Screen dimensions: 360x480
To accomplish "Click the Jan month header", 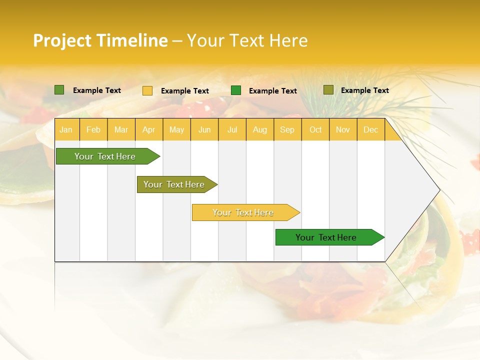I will pos(66,129).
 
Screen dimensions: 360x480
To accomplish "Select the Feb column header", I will pos(93,129).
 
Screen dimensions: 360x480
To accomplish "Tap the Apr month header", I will pos(149,129).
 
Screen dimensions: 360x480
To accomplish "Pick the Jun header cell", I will pos(204,129).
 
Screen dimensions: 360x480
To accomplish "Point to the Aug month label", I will pos(260,129).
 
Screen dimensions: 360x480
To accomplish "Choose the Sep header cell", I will pos(287,129).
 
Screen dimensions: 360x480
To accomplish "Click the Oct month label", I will pos(315,129).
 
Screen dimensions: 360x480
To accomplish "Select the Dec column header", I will pos(371,129).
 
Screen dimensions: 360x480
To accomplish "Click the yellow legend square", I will pos(147,90).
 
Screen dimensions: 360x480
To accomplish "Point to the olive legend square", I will pos(328,90).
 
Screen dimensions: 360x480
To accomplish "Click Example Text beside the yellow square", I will pos(185,91).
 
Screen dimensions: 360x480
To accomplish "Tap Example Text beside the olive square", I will pos(365,90).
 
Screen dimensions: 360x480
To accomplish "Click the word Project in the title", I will pos(62,40).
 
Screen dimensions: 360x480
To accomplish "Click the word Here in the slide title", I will pos(288,40).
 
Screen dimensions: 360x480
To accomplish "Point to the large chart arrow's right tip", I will pos(439,190).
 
